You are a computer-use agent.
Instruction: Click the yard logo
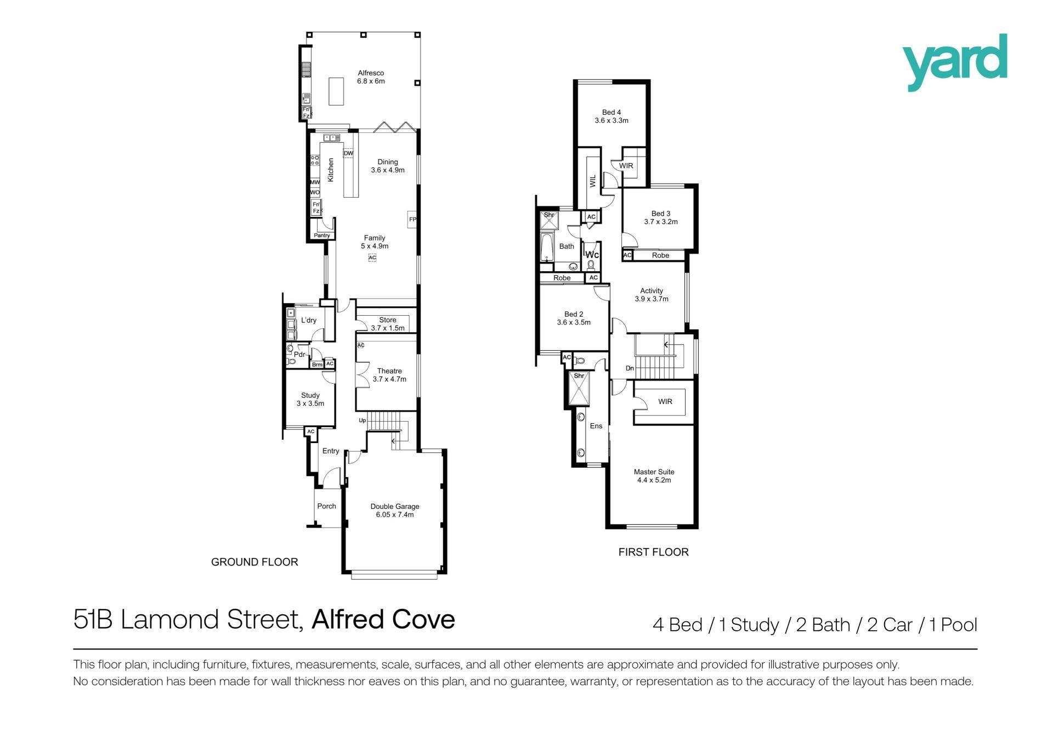tap(955, 62)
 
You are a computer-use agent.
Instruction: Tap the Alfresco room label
tap(371, 73)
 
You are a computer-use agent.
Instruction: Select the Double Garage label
tap(395, 507)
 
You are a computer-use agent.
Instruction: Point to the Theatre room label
tap(389, 371)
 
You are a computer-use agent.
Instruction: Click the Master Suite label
tap(654, 472)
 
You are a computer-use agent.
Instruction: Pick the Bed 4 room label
tap(612, 113)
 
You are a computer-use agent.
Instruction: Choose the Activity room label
tap(652, 291)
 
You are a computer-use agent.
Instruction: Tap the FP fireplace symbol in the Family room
tap(412, 220)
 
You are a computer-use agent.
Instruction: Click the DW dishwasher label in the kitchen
tap(348, 153)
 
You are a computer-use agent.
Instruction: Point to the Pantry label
tap(322, 236)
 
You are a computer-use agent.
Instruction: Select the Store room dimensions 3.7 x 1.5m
tap(388, 328)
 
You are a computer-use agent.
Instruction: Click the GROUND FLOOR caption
tap(254, 562)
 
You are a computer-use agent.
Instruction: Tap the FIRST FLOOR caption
tap(653, 552)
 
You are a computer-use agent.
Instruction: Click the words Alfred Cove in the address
tap(383, 619)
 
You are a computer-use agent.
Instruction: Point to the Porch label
tap(326, 506)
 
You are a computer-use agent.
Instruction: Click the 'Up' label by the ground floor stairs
tap(362, 421)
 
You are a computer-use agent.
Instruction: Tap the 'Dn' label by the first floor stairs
tap(630, 368)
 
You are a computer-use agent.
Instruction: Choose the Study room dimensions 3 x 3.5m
tap(310, 404)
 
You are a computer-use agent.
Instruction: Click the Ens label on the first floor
tap(596, 426)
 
